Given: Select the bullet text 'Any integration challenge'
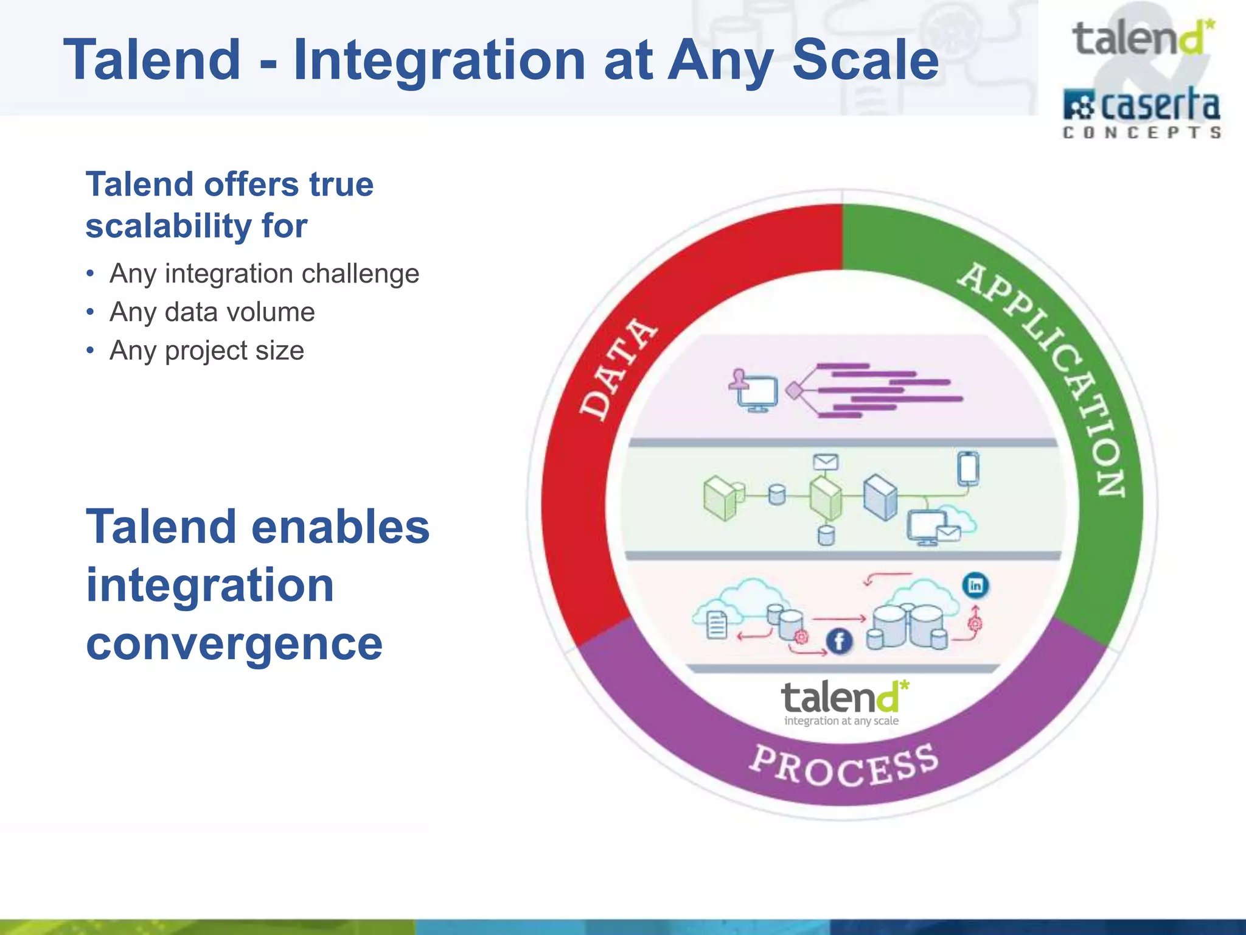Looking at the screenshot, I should [264, 273].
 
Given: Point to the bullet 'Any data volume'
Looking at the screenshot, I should [212, 312].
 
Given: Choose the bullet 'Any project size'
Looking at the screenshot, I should [206, 351].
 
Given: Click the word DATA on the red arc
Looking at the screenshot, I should [617, 369].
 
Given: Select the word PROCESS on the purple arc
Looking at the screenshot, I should [844, 766].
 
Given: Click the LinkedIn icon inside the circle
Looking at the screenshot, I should [975, 586].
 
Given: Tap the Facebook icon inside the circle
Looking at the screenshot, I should [839, 642].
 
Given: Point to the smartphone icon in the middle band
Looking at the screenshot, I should [968, 468].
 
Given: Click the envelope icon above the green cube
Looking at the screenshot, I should [826, 462].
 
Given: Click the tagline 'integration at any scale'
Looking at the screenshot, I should [841, 721].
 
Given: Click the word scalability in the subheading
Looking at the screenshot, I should [168, 226].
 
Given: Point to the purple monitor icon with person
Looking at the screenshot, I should [754, 391].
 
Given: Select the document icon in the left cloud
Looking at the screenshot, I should [717, 625].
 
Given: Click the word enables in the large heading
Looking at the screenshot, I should [340, 527].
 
